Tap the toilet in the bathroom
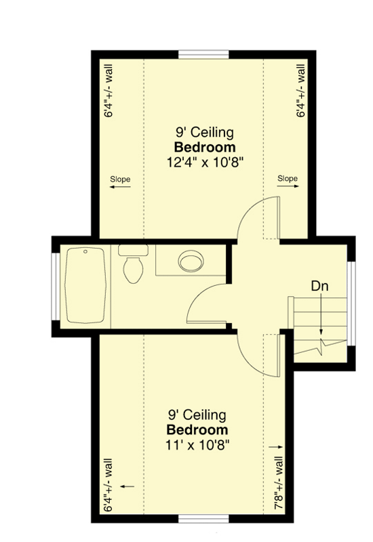132,264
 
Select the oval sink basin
189,260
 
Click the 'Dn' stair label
319,285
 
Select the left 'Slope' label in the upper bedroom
120,179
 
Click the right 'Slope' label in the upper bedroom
288,179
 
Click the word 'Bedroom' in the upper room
205,147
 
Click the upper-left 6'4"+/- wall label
109,91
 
